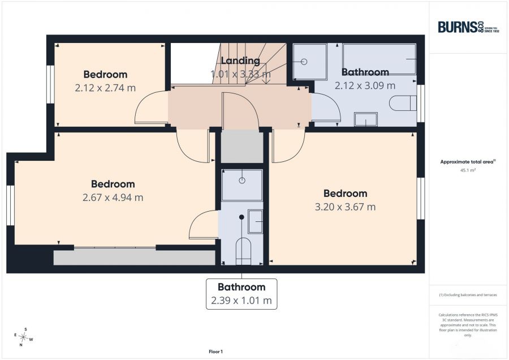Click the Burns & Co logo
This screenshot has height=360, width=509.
coord(468,27)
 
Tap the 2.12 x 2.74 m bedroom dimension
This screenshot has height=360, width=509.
coord(105,88)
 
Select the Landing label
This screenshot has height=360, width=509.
coord(240,61)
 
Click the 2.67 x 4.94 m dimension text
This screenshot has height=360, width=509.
coord(113,198)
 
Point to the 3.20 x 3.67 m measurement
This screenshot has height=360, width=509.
coord(345,207)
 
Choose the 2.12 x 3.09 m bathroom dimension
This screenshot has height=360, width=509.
coord(365,86)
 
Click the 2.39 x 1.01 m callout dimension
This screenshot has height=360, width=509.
coord(241,301)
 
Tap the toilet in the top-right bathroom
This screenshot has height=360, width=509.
coord(403,103)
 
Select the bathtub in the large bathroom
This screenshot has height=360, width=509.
coord(379,59)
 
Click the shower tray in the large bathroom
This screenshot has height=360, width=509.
coord(310,61)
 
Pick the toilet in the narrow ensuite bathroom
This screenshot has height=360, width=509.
coord(243,251)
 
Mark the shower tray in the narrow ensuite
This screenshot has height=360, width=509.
coord(242,185)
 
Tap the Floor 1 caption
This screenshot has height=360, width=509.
coord(215,352)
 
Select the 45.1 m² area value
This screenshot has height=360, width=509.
coord(468,170)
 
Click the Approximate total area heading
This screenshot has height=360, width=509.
coord(468,161)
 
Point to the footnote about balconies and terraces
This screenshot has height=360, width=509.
coord(468,295)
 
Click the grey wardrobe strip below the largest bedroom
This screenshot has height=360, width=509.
coord(135,258)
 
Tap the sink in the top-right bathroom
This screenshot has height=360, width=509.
coord(366,119)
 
